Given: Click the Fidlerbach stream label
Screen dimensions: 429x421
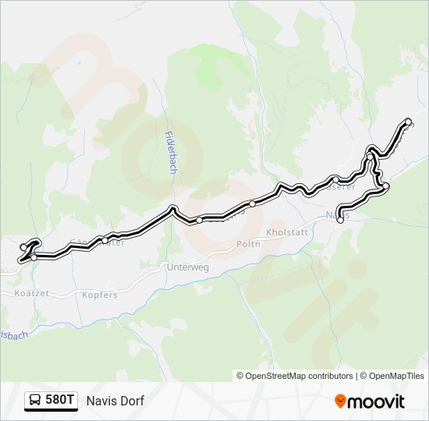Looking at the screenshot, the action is click(171, 151).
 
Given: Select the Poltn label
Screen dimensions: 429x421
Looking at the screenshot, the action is click(247, 244).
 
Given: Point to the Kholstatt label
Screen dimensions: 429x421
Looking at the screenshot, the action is click(288, 232).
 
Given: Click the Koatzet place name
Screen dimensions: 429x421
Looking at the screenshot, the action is click(31, 295).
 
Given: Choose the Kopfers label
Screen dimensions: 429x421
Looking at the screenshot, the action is click(100, 295).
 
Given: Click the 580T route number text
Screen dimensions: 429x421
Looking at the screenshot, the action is click(60, 401).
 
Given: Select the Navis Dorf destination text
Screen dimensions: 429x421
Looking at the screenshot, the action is click(115, 401).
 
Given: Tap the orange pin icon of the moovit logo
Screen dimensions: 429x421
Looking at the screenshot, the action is click(340, 402).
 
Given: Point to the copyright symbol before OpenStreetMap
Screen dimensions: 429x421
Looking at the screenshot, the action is click(240, 376).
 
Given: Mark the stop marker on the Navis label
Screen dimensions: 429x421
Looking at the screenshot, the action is click(340, 220).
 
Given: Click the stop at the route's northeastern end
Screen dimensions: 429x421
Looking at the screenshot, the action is click(408, 122).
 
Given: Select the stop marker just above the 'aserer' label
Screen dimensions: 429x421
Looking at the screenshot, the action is click(335, 179).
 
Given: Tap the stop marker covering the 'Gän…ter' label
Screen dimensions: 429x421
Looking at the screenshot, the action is click(104, 240).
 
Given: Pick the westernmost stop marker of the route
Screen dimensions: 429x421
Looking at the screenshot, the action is click(23, 247).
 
